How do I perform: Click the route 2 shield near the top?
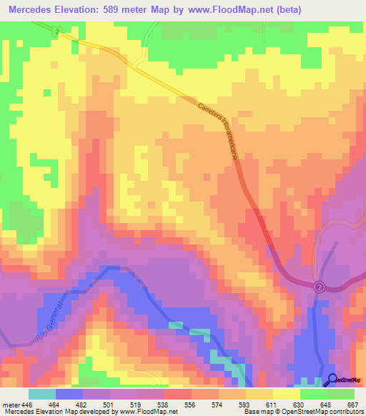[x=56, y=33]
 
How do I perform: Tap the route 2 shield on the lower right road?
[x=320, y=287]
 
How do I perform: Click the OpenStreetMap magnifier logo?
[x=332, y=380]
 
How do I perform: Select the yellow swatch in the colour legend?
[x=286, y=394]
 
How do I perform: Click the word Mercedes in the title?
[x=34, y=9]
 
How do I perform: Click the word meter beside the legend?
[x=9, y=404]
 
